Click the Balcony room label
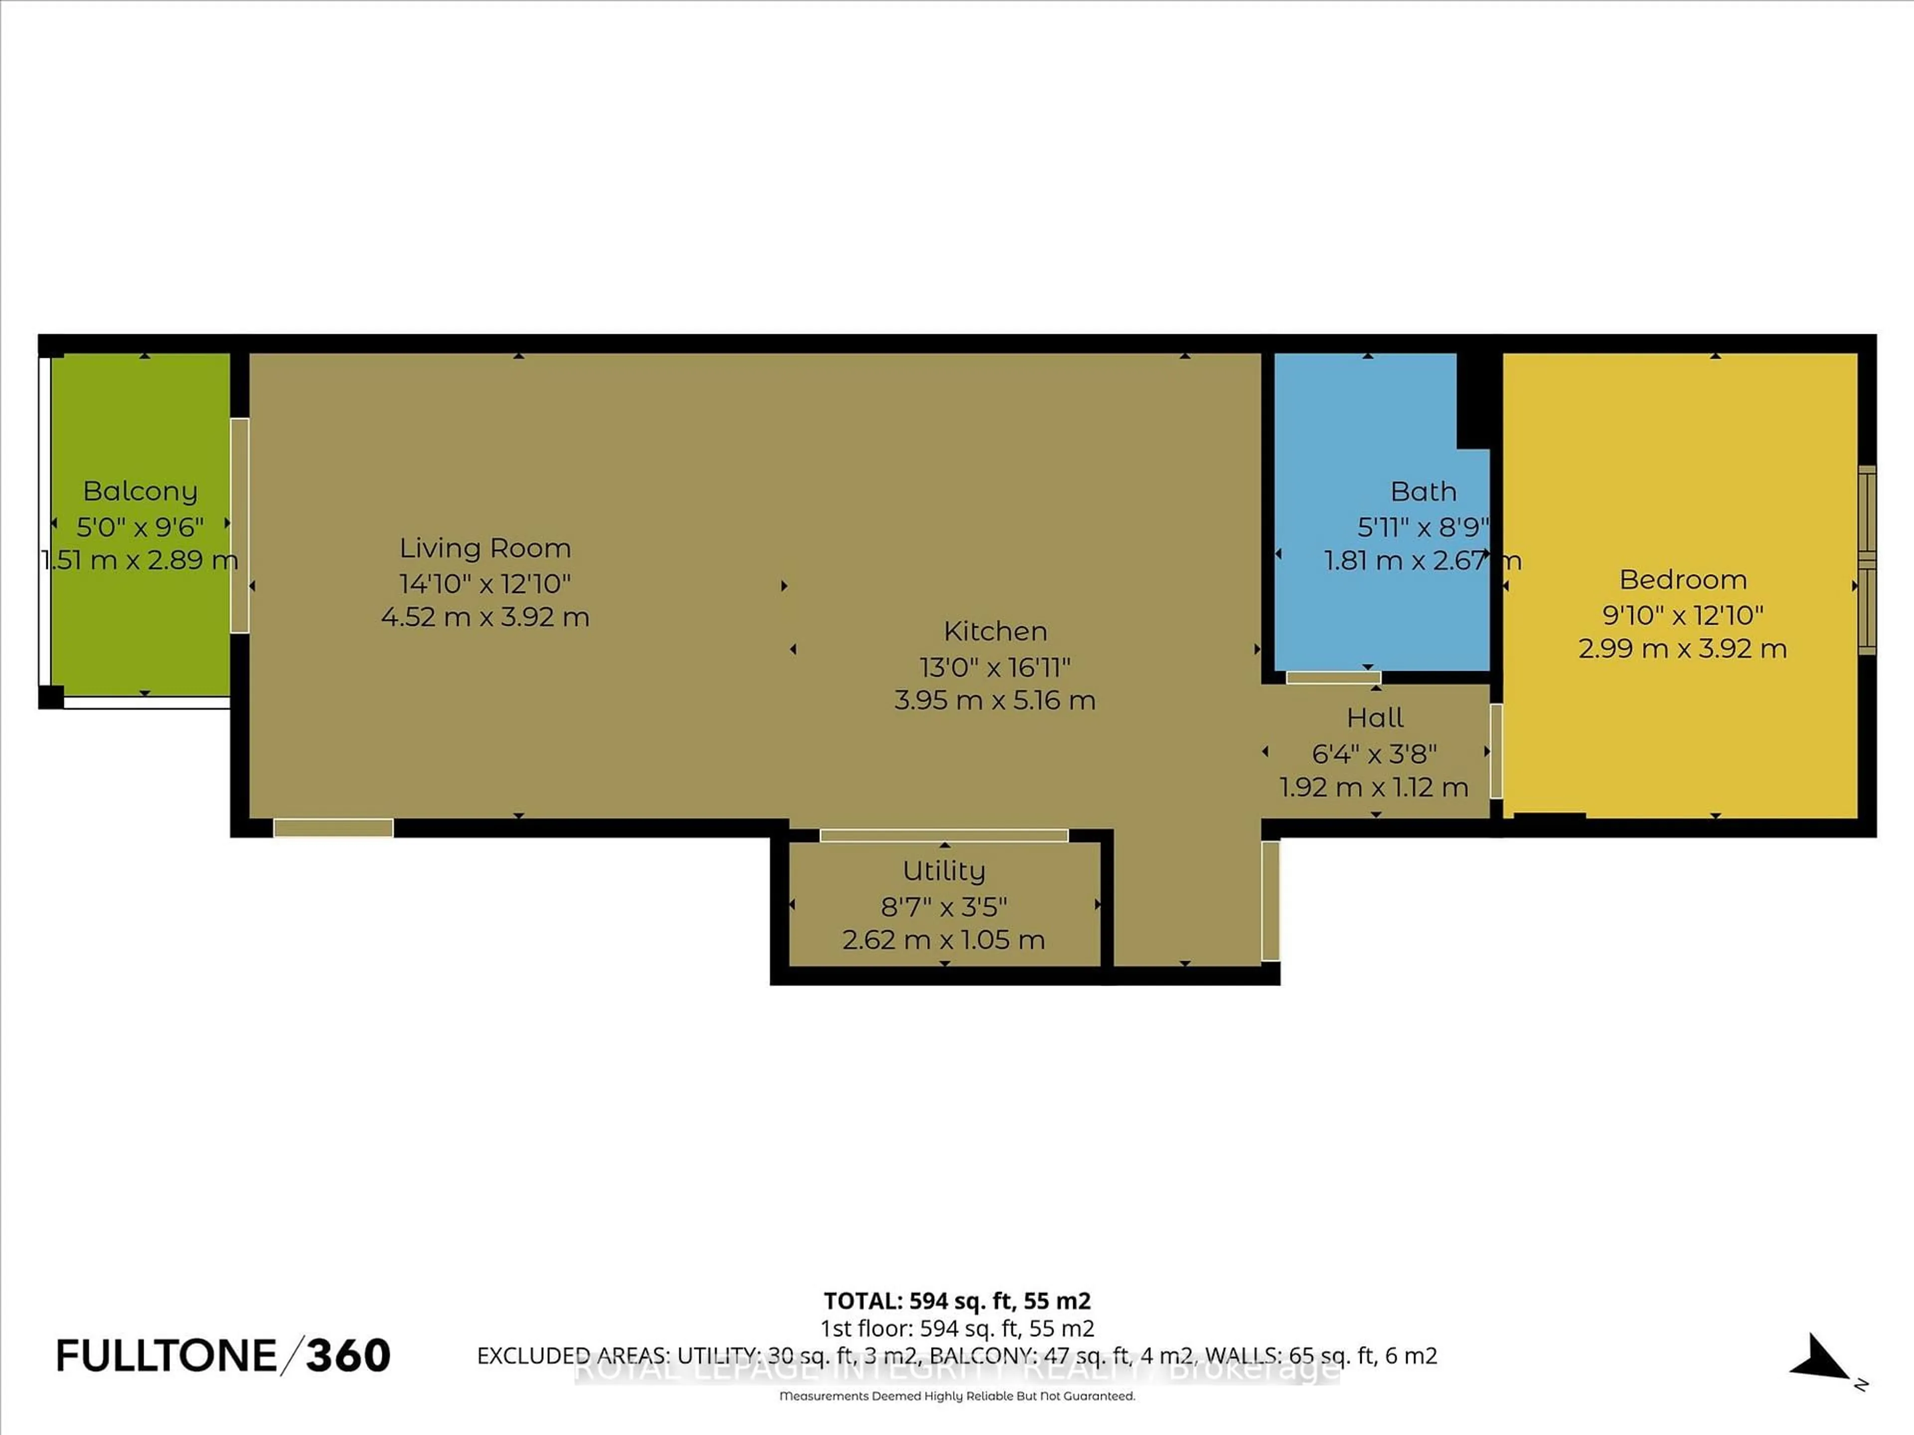pos(140,491)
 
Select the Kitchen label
pos(995,631)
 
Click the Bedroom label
pos(1682,579)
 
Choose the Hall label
pos(1375,718)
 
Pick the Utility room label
pos(944,871)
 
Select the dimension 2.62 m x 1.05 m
pos(944,940)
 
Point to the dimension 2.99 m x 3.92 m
pos(1682,649)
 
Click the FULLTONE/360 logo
pos(223,1355)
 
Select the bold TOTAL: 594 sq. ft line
pos(957,1301)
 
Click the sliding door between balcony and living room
pos(240,525)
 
